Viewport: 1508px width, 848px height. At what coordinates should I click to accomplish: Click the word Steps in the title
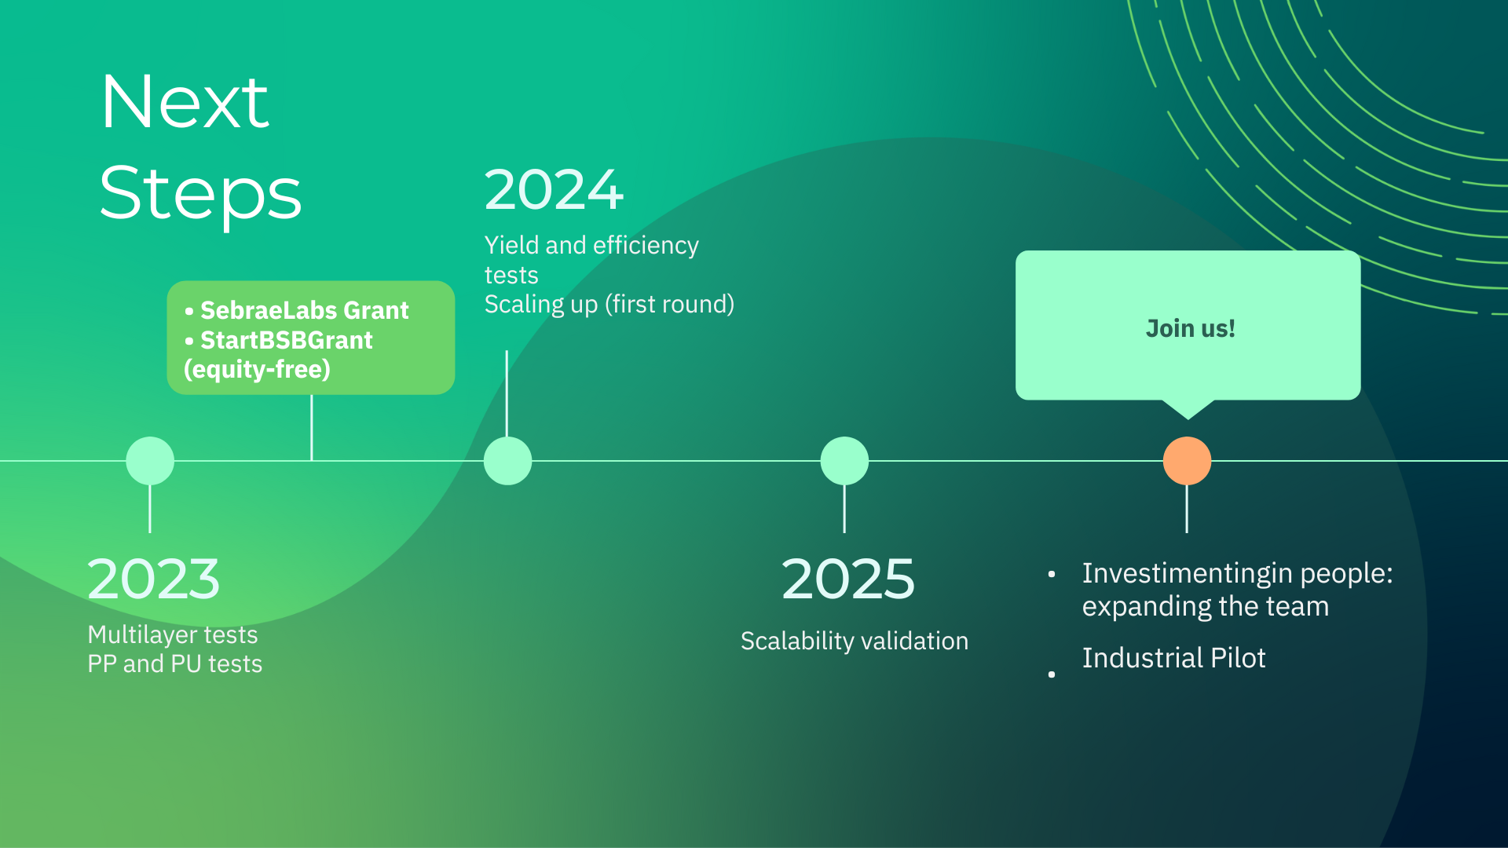(200, 194)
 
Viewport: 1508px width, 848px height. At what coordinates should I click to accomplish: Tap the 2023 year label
(154, 579)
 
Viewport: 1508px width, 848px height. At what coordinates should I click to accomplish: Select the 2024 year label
(554, 190)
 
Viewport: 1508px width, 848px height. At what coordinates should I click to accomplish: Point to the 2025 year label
(848, 579)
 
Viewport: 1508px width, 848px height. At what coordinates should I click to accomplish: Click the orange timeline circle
(1187, 461)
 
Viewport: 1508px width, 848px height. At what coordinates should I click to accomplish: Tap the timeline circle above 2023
(150, 461)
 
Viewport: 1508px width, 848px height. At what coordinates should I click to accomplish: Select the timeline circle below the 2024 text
(507, 461)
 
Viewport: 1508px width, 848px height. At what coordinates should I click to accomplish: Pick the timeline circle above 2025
(844, 461)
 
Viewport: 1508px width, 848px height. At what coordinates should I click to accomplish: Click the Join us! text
(1190, 328)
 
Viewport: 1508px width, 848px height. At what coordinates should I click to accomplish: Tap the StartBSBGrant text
(287, 340)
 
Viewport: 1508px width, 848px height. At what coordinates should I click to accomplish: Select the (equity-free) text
(257, 369)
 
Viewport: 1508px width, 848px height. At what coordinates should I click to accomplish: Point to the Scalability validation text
(855, 641)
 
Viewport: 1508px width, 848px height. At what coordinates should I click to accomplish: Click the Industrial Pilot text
(1173, 658)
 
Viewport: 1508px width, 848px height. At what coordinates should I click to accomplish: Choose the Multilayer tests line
(173, 634)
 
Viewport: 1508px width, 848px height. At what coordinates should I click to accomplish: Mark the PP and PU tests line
(175, 663)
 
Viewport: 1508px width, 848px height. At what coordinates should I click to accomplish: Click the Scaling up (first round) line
(609, 304)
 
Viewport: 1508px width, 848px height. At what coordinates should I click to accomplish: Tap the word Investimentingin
(1187, 574)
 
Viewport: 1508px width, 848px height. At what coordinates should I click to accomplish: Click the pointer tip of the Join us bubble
(1188, 419)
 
